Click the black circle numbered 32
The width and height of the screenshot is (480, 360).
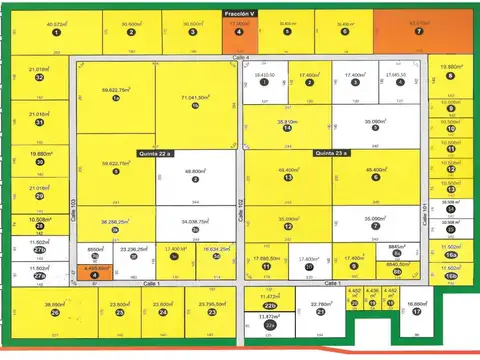click(x=39, y=77)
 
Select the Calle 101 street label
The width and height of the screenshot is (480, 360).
click(x=424, y=210)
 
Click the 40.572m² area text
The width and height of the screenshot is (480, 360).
click(x=57, y=23)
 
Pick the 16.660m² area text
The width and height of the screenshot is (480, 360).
click(x=417, y=303)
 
